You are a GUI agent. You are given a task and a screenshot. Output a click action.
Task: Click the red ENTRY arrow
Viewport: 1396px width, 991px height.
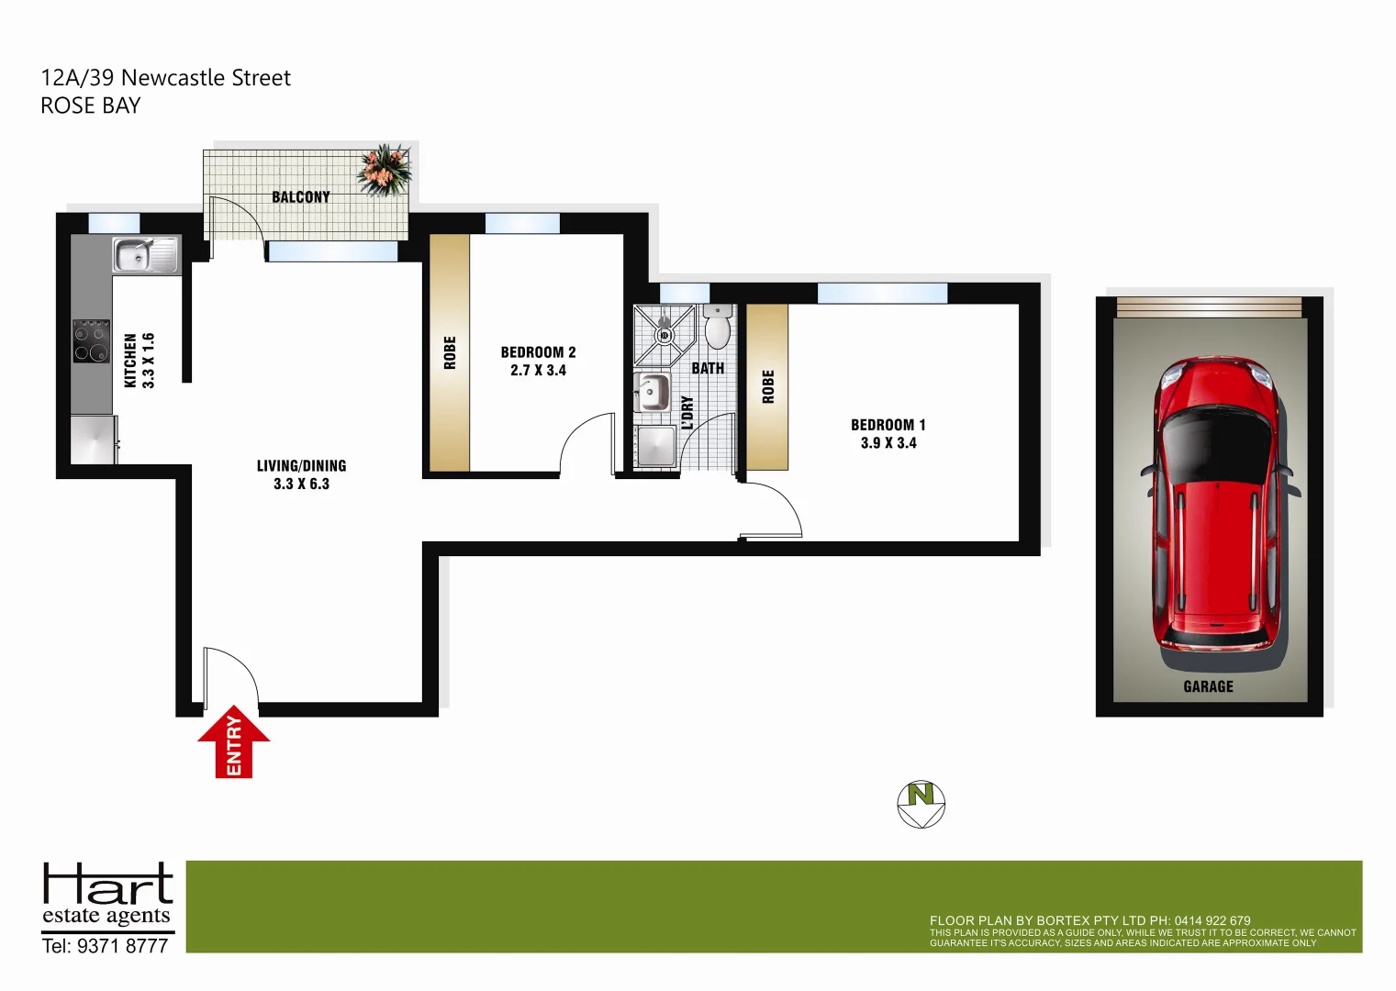(x=234, y=743)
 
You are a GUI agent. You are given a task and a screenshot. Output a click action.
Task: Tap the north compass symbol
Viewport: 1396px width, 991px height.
(x=921, y=804)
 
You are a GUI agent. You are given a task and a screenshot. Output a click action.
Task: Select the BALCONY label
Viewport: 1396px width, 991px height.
(x=300, y=197)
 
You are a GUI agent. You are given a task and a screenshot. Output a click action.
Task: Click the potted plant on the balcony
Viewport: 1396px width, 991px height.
(x=385, y=170)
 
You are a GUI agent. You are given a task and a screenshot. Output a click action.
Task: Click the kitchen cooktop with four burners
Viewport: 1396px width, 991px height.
(x=91, y=340)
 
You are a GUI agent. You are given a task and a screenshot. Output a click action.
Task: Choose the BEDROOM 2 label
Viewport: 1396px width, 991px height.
(x=538, y=352)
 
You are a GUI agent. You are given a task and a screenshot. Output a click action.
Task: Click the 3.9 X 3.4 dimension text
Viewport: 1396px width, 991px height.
(x=888, y=443)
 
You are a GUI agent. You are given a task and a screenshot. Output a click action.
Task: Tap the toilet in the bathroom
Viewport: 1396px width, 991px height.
(x=718, y=328)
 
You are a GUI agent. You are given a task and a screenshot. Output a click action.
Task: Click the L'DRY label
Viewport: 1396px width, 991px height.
(x=687, y=413)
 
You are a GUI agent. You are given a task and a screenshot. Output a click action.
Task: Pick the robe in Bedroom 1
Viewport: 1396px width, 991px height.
(x=767, y=387)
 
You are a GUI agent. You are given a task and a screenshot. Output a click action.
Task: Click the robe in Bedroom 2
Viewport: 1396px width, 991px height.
(x=450, y=353)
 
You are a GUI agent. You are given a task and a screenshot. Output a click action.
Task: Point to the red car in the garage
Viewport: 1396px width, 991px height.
(x=1217, y=505)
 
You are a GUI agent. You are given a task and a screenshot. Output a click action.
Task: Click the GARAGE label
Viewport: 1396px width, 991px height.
(x=1208, y=686)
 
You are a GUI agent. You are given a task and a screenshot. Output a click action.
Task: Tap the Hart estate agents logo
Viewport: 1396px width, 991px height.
(x=107, y=895)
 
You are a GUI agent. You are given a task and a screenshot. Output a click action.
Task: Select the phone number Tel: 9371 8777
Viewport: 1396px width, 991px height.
(x=106, y=946)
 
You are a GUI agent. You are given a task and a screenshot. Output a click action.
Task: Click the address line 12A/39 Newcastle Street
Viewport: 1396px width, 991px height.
(x=166, y=78)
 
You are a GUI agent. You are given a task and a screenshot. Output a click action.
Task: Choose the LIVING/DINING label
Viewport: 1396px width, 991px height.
(x=301, y=466)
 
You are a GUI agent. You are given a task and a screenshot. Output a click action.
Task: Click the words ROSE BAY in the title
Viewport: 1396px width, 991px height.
(x=91, y=106)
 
